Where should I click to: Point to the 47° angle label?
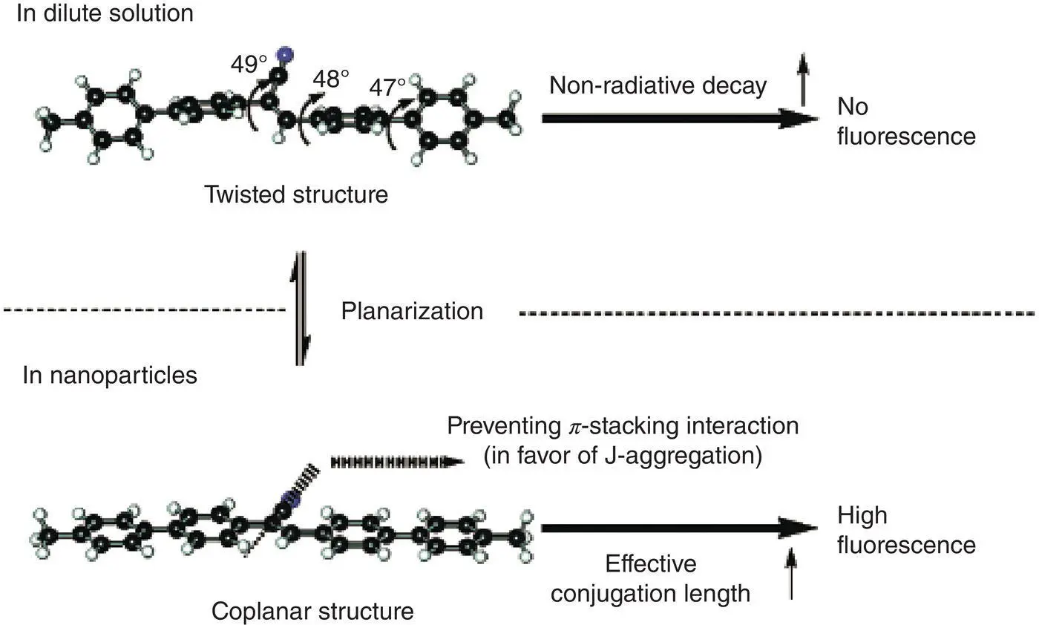[387, 88]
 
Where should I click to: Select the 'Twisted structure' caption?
[297, 195]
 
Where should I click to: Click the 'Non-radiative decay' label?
[658, 85]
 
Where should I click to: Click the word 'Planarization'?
[412, 311]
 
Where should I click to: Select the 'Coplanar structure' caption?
[312, 612]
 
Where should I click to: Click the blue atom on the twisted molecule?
[282, 54]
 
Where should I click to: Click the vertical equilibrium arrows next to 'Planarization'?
[300, 308]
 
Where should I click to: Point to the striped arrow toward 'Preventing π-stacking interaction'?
[397, 461]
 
